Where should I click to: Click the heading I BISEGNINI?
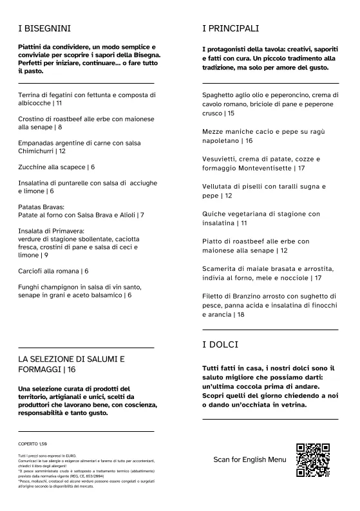(44, 29)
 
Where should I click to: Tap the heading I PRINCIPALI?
(231, 29)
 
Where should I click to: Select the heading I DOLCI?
(221, 346)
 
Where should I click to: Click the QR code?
(312, 460)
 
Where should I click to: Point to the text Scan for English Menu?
(249, 460)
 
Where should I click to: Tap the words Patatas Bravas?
(42, 207)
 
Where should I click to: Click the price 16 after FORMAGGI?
(71, 369)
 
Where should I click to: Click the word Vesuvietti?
(220, 158)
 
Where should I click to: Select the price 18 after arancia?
(240, 315)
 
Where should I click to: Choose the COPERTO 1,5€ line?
(33, 444)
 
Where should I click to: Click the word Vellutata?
(220, 186)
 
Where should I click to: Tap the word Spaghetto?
(222, 95)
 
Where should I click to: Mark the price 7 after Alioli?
(142, 215)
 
